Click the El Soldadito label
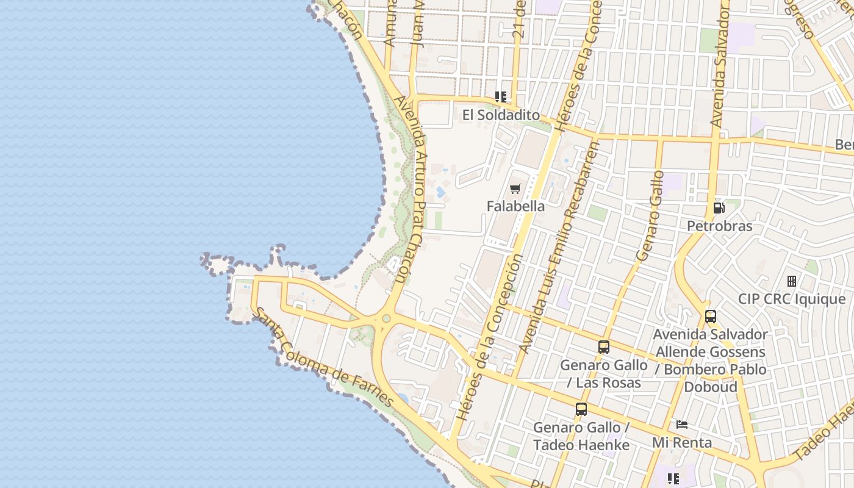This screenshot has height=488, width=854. point(501,115)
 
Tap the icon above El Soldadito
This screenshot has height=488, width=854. point(501,97)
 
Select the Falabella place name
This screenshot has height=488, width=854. point(515,206)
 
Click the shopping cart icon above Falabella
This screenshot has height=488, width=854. point(515,189)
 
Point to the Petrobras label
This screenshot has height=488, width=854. point(719,226)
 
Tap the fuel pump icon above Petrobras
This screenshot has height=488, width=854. point(719,208)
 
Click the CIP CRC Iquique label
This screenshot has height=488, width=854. point(792,300)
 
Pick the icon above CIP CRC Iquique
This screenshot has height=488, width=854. point(792,281)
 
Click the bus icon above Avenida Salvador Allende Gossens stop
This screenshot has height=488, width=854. point(710,317)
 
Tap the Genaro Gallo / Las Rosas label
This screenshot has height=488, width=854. point(603,374)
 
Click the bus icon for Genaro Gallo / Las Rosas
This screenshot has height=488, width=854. point(603,347)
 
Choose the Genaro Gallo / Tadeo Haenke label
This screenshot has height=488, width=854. point(581,436)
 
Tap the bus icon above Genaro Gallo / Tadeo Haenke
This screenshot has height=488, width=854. point(581,409)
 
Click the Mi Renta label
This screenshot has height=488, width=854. point(682,442)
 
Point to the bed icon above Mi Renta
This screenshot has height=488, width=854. point(682,425)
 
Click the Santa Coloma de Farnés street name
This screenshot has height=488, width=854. point(323,359)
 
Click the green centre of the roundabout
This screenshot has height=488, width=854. point(386,318)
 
